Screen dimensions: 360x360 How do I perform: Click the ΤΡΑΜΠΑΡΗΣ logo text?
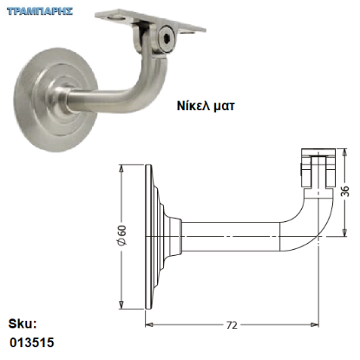click(40, 11)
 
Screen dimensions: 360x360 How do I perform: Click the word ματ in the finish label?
click(224, 107)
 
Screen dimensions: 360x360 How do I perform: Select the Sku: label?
click(23, 324)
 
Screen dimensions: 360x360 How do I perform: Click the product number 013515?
click(32, 343)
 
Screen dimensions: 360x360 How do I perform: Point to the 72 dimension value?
click(232, 325)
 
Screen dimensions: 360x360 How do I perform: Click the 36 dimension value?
click(344, 191)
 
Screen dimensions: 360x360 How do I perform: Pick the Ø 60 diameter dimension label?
click(122, 235)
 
